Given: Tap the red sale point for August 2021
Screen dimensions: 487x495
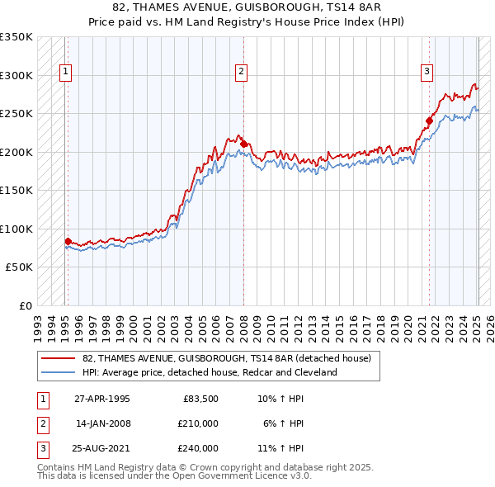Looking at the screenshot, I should pyautogui.click(x=430, y=121).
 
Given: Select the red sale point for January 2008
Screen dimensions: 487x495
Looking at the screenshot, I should pyautogui.click(x=244, y=144).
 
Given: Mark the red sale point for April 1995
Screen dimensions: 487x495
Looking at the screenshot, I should pyautogui.click(x=68, y=241).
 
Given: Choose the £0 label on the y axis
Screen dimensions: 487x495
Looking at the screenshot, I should pyautogui.click(x=25, y=305).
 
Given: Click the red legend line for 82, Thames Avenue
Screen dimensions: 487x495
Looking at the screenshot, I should pyautogui.click(x=58, y=359).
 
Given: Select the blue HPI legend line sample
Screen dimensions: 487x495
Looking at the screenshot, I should pyautogui.click(x=58, y=373).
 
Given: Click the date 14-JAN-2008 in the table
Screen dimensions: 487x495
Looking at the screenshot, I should pyautogui.click(x=103, y=423).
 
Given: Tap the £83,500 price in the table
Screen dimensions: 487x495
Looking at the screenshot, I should pyautogui.click(x=200, y=399).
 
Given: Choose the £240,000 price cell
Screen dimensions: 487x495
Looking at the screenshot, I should pyautogui.click(x=198, y=448).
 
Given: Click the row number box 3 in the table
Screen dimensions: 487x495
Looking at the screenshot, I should pyautogui.click(x=42, y=448).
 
